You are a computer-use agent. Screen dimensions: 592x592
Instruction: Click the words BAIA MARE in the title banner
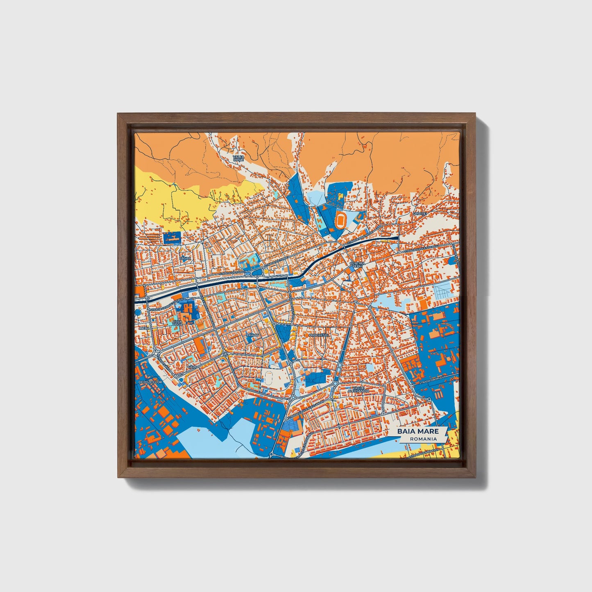coord(417,431)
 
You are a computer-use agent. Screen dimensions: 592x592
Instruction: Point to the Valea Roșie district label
coord(238,158)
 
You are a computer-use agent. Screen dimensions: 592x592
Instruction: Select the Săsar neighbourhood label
coord(185,259)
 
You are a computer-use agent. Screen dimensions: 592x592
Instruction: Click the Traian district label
coord(253,335)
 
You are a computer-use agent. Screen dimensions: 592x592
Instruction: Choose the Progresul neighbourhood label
coord(319,335)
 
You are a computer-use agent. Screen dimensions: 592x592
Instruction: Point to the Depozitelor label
coord(150,382)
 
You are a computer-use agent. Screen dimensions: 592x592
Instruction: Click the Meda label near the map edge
coord(143,328)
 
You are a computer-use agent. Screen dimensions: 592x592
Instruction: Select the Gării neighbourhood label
coord(191,367)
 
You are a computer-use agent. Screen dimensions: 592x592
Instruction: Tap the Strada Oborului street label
coord(430,381)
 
